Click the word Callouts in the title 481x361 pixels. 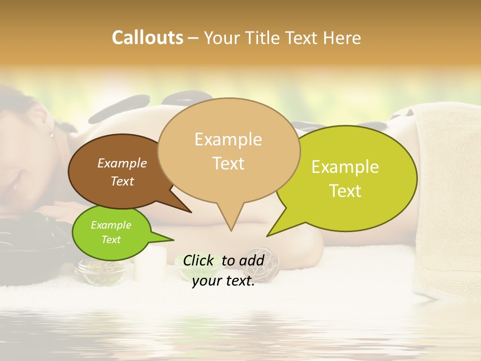(x=147, y=38)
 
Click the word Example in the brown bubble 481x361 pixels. (x=122, y=163)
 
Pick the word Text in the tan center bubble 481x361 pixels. (x=228, y=163)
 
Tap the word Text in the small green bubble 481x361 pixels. (x=111, y=240)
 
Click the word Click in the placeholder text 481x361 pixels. (x=199, y=260)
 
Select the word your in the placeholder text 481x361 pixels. (x=206, y=281)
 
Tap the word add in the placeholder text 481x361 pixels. (x=252, y=260)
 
